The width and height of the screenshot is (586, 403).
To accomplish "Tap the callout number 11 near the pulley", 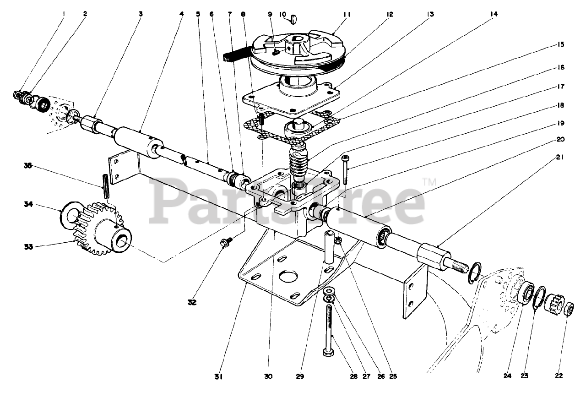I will click(x=347, y=14).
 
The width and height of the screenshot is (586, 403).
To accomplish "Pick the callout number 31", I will click(x=218, y=376).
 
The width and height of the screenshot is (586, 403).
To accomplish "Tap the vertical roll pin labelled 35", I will click(x=106, y=186).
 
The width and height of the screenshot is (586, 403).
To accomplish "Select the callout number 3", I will click(x=141, y=14).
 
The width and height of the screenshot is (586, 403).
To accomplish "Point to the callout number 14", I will click(x=493, y=14).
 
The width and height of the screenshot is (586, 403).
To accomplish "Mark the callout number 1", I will click(x=64, y=14).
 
